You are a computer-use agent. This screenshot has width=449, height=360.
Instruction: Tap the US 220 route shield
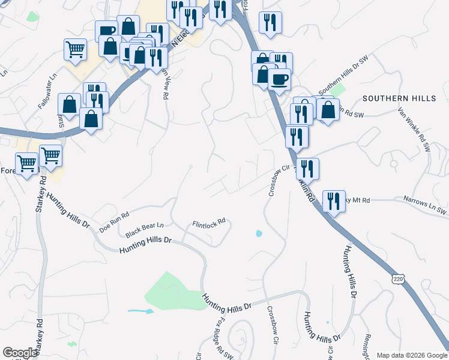coord(397,279)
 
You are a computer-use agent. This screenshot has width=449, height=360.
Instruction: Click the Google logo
coord(20,353)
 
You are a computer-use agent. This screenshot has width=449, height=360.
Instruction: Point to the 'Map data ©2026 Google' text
coord(412,355)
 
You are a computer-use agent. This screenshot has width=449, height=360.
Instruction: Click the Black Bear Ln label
coord(144,227)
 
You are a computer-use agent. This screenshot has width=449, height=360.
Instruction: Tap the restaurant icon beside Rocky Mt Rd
coord(334,200)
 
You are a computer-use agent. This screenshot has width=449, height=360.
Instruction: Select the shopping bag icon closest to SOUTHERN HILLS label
coord(328,110)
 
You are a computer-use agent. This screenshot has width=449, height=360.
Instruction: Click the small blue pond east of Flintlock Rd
coord(259,233)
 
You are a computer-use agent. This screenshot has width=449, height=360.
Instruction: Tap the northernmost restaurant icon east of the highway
coord(271,22)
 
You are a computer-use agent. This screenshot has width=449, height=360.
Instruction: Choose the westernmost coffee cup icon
coord(107,31)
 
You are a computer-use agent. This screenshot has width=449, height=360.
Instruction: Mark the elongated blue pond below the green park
coord(140,311)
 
